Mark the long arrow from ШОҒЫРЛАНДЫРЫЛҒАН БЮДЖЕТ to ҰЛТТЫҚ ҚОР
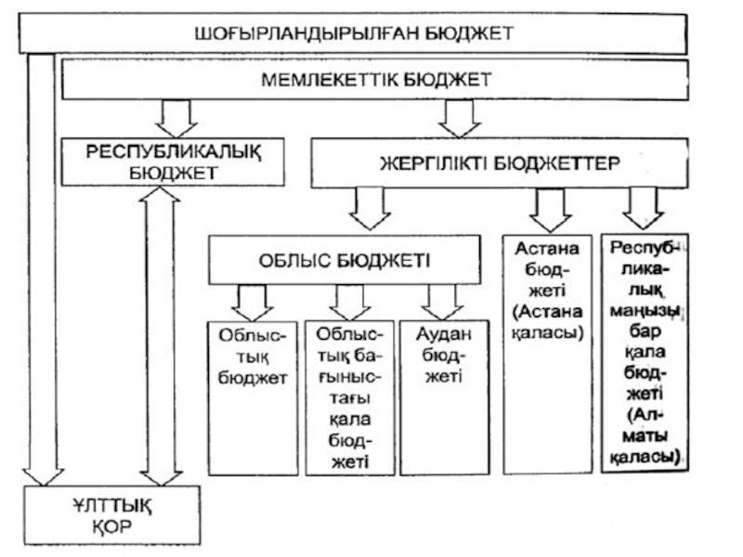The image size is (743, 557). click(39, 269)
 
